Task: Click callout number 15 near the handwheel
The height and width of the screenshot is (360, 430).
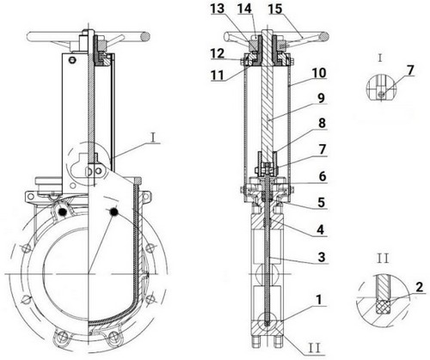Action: coord(275,9)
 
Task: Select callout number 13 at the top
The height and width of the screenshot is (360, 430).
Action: coord(218,9)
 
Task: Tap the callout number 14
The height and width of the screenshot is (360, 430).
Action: coord(244,9)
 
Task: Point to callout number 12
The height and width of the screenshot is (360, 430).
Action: coord(218,53)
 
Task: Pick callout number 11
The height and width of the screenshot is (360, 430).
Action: coord(218,76)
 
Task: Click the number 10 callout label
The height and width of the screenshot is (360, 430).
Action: coord(319,73)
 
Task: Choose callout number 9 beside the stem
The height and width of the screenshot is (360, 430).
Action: coord(322,98)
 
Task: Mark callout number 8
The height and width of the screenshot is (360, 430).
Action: coord(322,123)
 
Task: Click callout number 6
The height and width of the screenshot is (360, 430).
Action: coord(322,176)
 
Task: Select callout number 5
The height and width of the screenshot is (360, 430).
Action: coord(322,202)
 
